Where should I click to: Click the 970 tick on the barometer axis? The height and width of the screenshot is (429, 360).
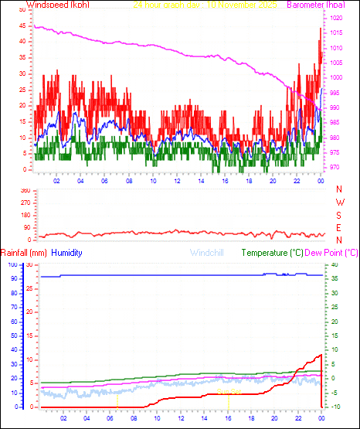pos(337,168)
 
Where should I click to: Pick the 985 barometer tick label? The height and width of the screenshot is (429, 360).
pos(337,123)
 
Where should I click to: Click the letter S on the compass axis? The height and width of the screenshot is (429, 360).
pos(341,215)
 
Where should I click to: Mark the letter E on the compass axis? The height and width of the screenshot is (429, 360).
pos(341,227)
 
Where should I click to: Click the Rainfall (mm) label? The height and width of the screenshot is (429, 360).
pos(24,253)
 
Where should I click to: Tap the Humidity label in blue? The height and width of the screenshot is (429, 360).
pos(66,253)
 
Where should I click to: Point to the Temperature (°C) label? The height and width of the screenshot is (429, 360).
pos(272,253)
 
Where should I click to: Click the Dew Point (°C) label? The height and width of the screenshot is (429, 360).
pos(331,253)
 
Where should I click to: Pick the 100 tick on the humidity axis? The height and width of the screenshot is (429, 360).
pos(12,264)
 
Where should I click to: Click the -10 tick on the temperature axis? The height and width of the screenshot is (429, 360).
pos(331,407)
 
